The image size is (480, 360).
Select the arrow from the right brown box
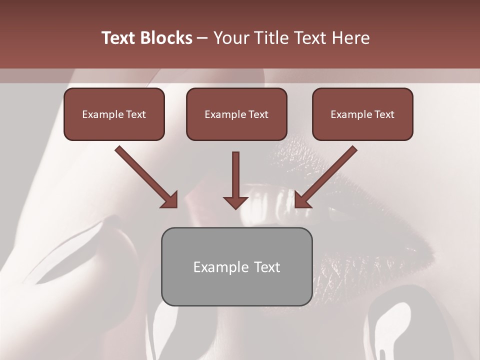coord(327,175)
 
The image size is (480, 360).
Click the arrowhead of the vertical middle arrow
coord(236,201)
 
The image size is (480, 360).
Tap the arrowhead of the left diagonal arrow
coord(170,200)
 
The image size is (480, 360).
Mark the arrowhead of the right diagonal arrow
coord(302,200)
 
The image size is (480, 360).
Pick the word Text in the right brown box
coord(384,114)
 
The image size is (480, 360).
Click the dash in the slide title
coord(202,38)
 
